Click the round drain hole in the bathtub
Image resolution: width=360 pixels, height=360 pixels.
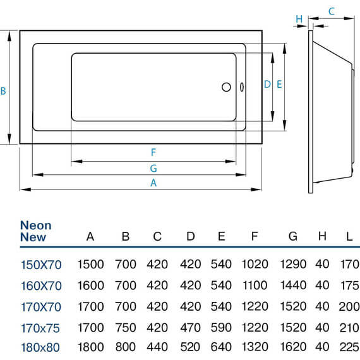tap(226, 87)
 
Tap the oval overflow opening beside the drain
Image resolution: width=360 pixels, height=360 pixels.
tap(242, 87)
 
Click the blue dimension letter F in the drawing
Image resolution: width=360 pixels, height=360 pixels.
tap(153, 152)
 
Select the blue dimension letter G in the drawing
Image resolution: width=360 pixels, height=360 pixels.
tap(153, 168)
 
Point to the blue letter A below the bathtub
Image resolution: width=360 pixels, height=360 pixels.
tap(153, 183)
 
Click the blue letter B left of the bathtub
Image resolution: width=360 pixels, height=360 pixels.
tap(3, 91)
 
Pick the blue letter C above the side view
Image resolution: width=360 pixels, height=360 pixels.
tap(332, 11)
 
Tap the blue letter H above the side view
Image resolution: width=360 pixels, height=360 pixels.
tap(299, 19)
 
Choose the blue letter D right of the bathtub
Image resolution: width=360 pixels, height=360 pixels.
tap(267, 84)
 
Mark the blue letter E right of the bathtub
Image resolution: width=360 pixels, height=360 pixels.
tap(279, 84)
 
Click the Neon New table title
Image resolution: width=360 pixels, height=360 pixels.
tap(35, 231)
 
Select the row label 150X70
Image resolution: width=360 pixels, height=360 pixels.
tap(41, 265)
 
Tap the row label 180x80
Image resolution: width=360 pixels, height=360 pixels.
tap(40, 347)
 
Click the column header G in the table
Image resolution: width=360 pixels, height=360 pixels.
tap(293, 236)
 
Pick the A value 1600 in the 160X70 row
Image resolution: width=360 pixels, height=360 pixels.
tap(91, 285)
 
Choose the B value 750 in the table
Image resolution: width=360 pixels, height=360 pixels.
tap(126, 328)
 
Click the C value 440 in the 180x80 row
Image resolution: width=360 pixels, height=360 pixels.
tap(157, 347)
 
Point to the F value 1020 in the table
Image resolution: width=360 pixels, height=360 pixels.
tap(255, 264)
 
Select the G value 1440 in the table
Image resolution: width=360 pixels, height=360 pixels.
tap(294, 285)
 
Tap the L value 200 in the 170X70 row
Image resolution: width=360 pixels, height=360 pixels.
tap(349, 306)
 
